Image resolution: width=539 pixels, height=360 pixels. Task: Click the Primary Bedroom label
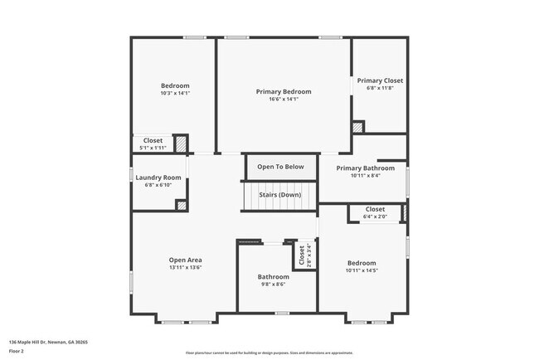(x=284, y=91)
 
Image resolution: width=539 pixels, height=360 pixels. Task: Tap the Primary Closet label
(x=380, y=80)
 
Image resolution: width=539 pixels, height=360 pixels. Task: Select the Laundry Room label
(x=158, y=178)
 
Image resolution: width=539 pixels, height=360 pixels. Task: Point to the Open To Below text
(x=280, y=167)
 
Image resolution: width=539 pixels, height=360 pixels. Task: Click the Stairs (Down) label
(x=279, y=195)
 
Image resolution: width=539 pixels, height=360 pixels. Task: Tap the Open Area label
(x=186, y=259)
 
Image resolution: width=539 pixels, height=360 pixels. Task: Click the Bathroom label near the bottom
(x=273, y=277)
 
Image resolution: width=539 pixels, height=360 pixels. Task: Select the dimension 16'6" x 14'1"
(x=284, y=100)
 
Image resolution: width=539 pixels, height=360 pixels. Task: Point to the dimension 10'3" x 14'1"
(x=175, y=93)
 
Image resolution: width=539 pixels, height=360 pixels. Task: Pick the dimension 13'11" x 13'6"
(x=186, y=267)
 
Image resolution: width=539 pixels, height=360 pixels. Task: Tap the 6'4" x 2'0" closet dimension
(x=375, y=216)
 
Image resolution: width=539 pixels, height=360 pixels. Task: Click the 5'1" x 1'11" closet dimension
(x=153, y=148)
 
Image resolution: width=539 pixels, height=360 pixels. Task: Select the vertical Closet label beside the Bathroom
(x=302, y=255)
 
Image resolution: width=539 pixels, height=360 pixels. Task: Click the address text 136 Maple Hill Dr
(x=48, y=342)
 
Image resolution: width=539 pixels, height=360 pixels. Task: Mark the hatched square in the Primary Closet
(x=357, y=128)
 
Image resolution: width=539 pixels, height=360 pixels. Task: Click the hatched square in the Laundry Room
(x=182, y=205)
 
